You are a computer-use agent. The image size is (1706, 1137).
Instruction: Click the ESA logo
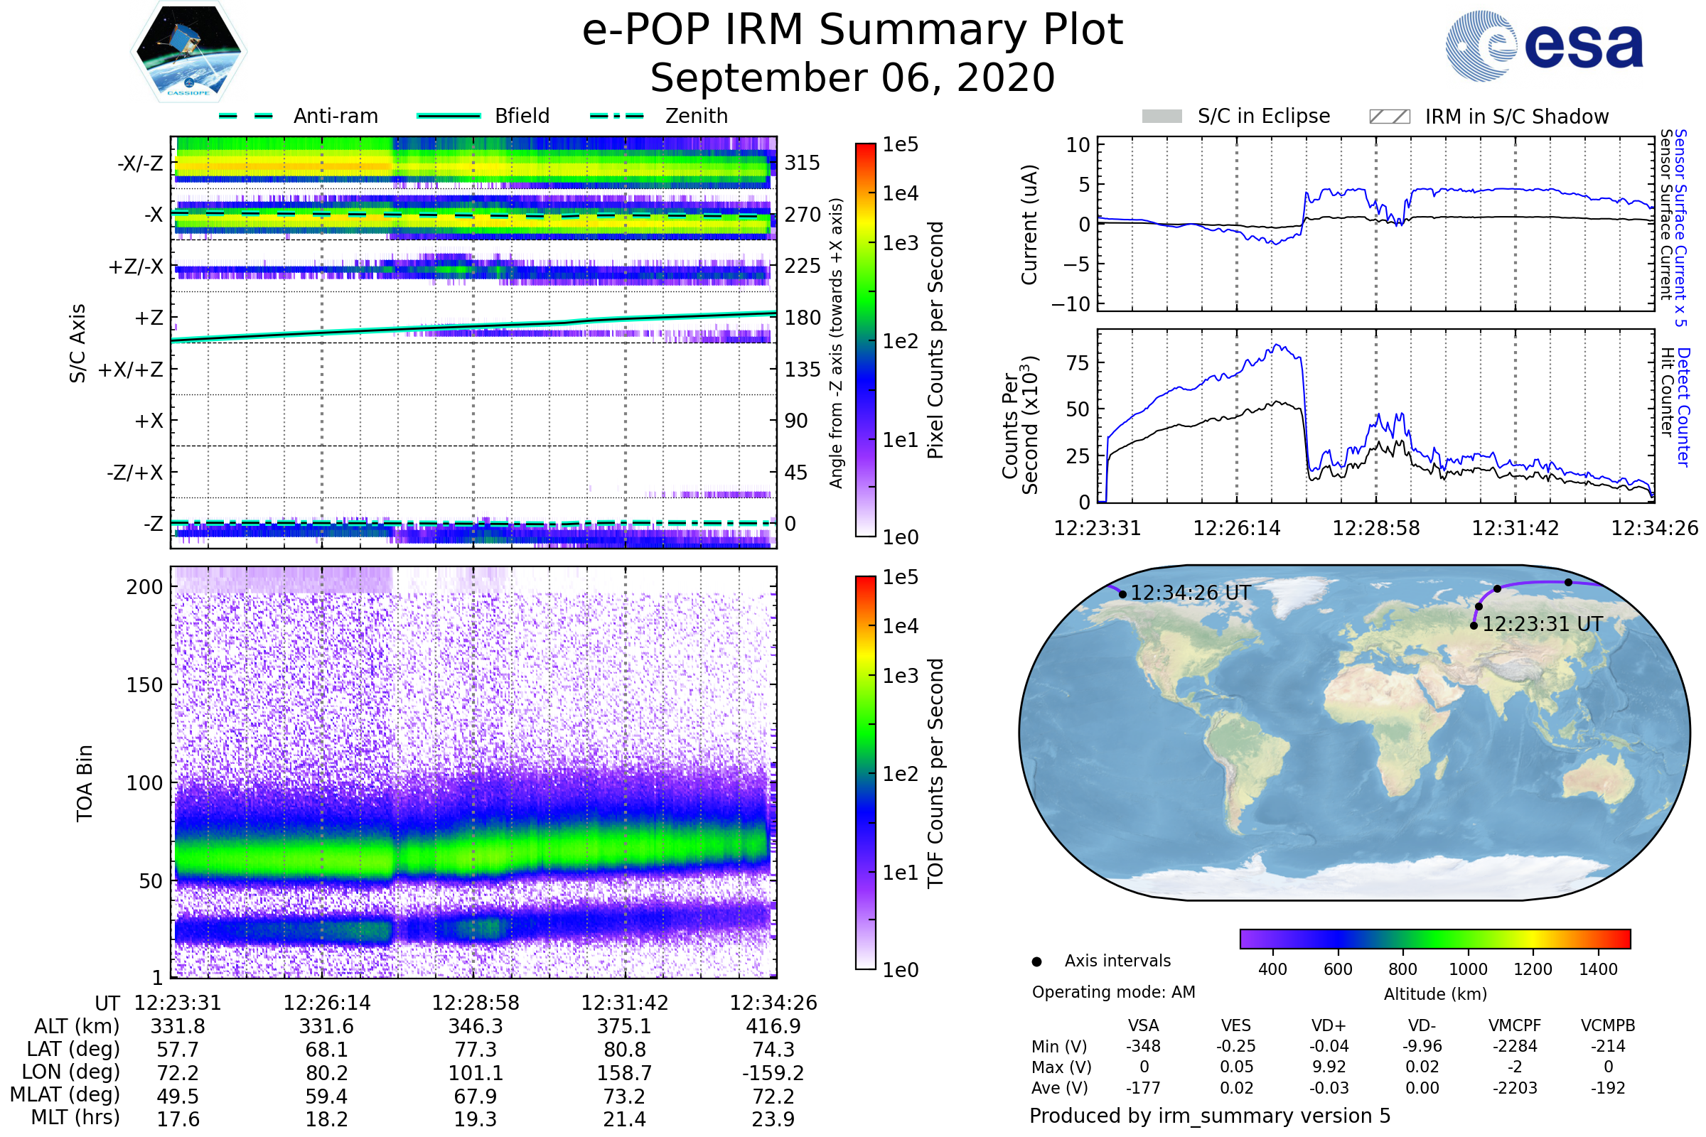[x=1544, y=45]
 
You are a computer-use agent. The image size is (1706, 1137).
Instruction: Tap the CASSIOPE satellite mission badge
[x=188, y=51]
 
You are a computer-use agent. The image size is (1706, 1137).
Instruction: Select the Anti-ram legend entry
[x=298, y=116]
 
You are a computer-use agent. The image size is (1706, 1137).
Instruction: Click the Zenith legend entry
[x=660, y=116]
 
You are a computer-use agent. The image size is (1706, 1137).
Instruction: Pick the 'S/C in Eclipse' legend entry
[x=1236, y=116]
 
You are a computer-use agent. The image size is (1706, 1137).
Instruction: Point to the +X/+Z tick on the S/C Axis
[x=131, y=370]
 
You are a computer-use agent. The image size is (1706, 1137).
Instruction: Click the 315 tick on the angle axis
[x=803, y=163]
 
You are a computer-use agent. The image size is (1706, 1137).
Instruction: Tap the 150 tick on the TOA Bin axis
[x=144, y=684]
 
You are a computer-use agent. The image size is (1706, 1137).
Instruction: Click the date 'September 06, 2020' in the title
[x=852, y=77]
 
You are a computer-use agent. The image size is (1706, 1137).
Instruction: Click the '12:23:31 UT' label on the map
[x=1542, y=624]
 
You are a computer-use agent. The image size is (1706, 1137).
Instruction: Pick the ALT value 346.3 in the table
[x=475, y=1026]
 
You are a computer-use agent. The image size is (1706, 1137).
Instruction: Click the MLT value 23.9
[x=773, y=1119]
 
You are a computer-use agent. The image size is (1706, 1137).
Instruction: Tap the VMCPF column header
[x=1515, y=1025]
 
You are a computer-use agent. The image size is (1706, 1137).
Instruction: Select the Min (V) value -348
[x=1143, y=1046]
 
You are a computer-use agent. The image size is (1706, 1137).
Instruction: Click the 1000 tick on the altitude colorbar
[x=1468, y=969]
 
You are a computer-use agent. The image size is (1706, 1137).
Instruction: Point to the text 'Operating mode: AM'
[x=1113, y=992]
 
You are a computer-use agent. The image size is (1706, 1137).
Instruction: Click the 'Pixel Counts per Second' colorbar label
[x=935, y=340]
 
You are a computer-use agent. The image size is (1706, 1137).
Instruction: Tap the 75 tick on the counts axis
[x=1078, y=362]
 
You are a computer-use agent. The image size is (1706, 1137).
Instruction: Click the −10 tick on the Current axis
[x=1071, y=304]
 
